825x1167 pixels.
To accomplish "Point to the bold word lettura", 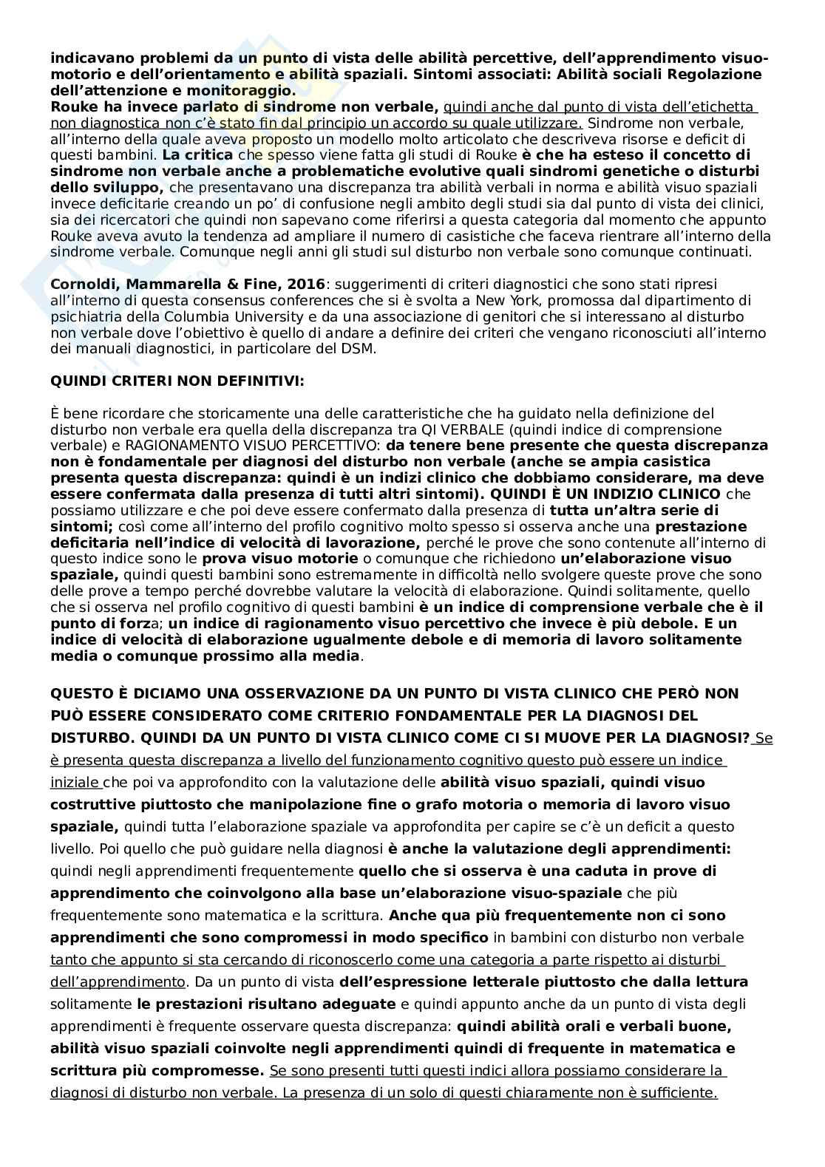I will [x=724, y=982].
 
